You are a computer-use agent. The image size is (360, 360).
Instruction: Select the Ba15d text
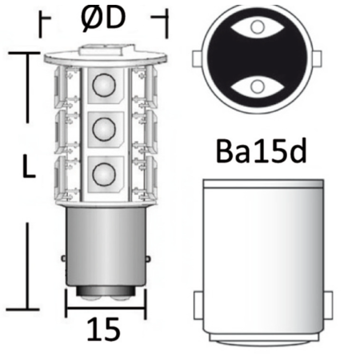[261, 151]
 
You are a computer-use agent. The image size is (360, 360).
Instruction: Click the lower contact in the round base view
[256, 85]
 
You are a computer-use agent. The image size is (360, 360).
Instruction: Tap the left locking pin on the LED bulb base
[65, 258]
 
